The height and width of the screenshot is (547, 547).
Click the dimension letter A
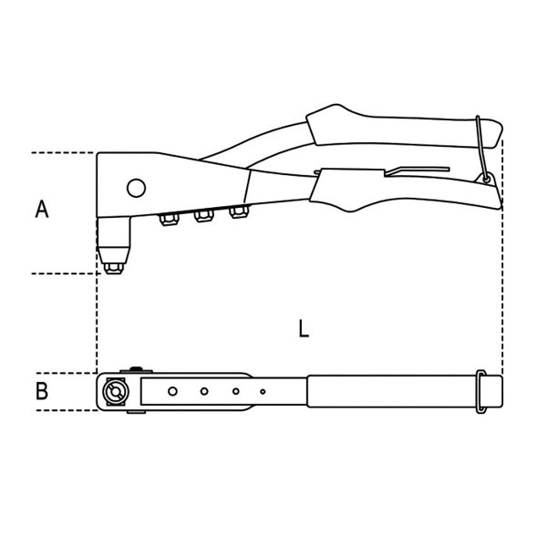(42, 210)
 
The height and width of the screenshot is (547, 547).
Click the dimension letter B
(42, 392)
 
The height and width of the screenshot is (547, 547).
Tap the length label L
(304, 329)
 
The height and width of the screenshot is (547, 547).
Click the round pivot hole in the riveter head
(136, 188)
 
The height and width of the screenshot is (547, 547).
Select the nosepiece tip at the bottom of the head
(112, 265)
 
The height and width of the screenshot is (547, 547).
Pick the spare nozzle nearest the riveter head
(168, 219)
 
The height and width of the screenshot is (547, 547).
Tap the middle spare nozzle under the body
(202, 216)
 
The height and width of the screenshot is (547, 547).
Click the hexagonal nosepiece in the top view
(114, 392)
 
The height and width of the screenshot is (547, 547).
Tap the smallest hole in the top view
(263, 392)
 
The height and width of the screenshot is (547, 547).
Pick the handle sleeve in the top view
(392, 392)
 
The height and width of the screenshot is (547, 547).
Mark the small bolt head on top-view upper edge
(136, 369)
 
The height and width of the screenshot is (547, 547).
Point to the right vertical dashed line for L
(502, 273)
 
